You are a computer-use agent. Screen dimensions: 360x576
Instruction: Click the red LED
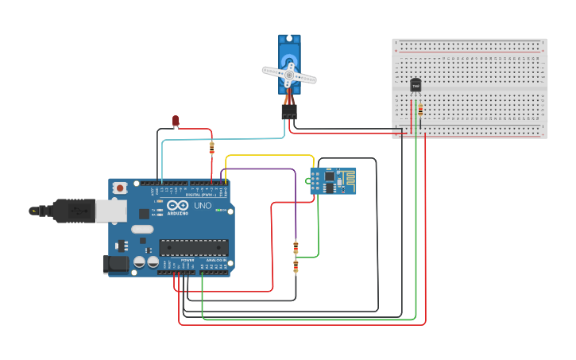(x=176, y=121)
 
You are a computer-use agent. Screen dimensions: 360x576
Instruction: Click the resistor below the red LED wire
(x=211, y=147)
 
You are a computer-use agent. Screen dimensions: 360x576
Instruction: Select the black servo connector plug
(x=288, y=113)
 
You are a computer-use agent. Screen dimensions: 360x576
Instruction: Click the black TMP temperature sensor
(x=415, y=85)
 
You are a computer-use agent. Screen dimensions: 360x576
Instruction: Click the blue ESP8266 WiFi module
(x=333, y=180)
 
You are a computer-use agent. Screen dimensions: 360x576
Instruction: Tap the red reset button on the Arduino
(x=120, y=188)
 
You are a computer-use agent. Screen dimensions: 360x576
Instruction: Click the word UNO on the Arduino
(x=203, y=206)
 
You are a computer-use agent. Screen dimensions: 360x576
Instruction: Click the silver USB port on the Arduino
(x=110, y=211)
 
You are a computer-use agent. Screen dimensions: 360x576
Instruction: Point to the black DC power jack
(x=115, y=265)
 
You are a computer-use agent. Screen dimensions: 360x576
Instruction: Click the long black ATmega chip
(x=194, y=247)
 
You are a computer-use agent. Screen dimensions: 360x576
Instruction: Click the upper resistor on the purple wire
(x=296, y=246)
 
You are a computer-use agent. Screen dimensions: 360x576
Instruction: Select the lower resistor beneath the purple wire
(x=296, y=266)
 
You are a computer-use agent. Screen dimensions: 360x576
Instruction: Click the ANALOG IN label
(x=215, y=260)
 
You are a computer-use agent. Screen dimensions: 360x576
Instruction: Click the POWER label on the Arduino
(x=187, y=260)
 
